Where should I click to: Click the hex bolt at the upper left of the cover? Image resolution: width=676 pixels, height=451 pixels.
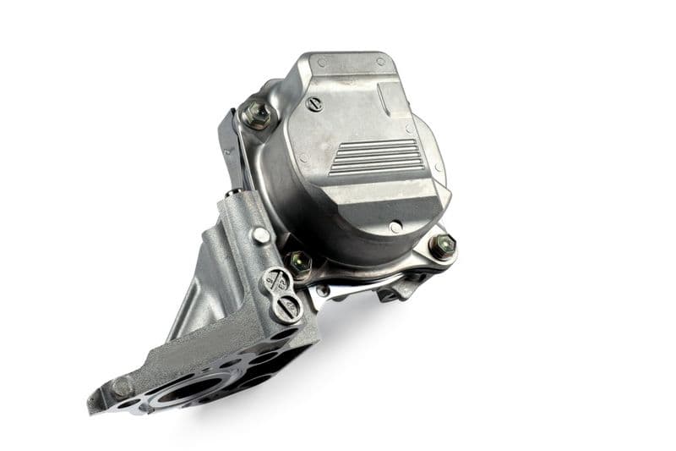pyautogui.click(x=256, y=114)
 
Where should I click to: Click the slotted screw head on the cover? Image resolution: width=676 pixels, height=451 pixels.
pyautogui.click(x=315, y=104)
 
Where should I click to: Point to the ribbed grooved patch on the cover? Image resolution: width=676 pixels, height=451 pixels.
pyautogui.click(x=376, y=157)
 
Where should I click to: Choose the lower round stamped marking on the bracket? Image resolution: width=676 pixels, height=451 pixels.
pyautogui.click(x=287, y=305)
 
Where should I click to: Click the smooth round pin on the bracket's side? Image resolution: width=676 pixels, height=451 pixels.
pyautogui.click(x=261, y=236)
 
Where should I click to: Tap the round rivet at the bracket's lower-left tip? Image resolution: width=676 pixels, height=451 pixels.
pyautogui.click(x=123, y=388)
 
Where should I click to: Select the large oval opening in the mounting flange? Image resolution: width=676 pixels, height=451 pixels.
pyautogui.click(x=182, y=389)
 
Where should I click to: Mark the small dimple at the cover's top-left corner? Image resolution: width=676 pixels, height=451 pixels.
pyautogui.click(x=322, y=62)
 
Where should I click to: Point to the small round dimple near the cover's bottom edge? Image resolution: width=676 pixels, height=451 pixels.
pyautogui.click(x=395, y=227)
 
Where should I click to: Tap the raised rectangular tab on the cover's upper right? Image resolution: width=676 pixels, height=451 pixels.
pyautogui.click(x=395, y=97)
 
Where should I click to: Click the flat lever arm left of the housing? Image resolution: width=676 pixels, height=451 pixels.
pyautogui.click(x=230, y=157)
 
